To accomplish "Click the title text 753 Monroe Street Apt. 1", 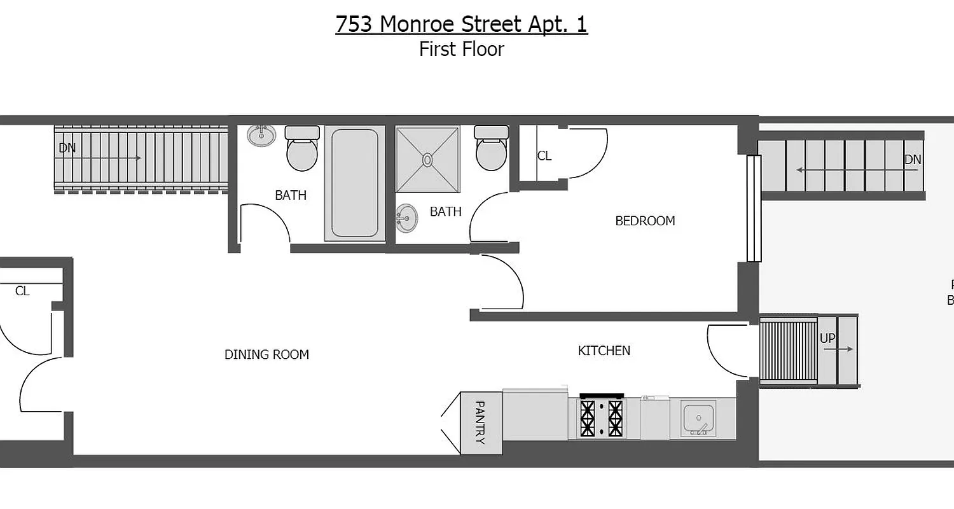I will pyautogui.click(x=461, y=24).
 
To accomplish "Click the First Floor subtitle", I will pyautogui.click(x=461, y=49).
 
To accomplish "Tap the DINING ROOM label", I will pyautogui.click(x=266, y=354).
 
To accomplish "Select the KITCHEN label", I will pyautogui.click(x=604, y=351).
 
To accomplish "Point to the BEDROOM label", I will pyautogui.click(x=645, y=221).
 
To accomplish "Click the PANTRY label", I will pyautogui.click(x=480, y=422).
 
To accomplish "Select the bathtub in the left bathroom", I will pyautogui.click(x=354, y=183).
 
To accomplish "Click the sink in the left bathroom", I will pyautogui.click(x=261, y=135).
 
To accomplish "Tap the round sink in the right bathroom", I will pyautogui.click(x=406, y=218).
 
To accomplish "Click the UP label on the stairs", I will pyautogui.click(x=827, y=339).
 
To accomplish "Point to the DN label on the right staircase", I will pyautogui.click(x=913, y=160).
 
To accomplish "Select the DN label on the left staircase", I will pyautogui.click(x=67, y=148).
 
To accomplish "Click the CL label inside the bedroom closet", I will pyautogui.click(x=544, y=156).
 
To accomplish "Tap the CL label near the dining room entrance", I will pyautogui.click(x=22, y=291).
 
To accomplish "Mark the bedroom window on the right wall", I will pyautogui.click(x=754, y=208).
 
